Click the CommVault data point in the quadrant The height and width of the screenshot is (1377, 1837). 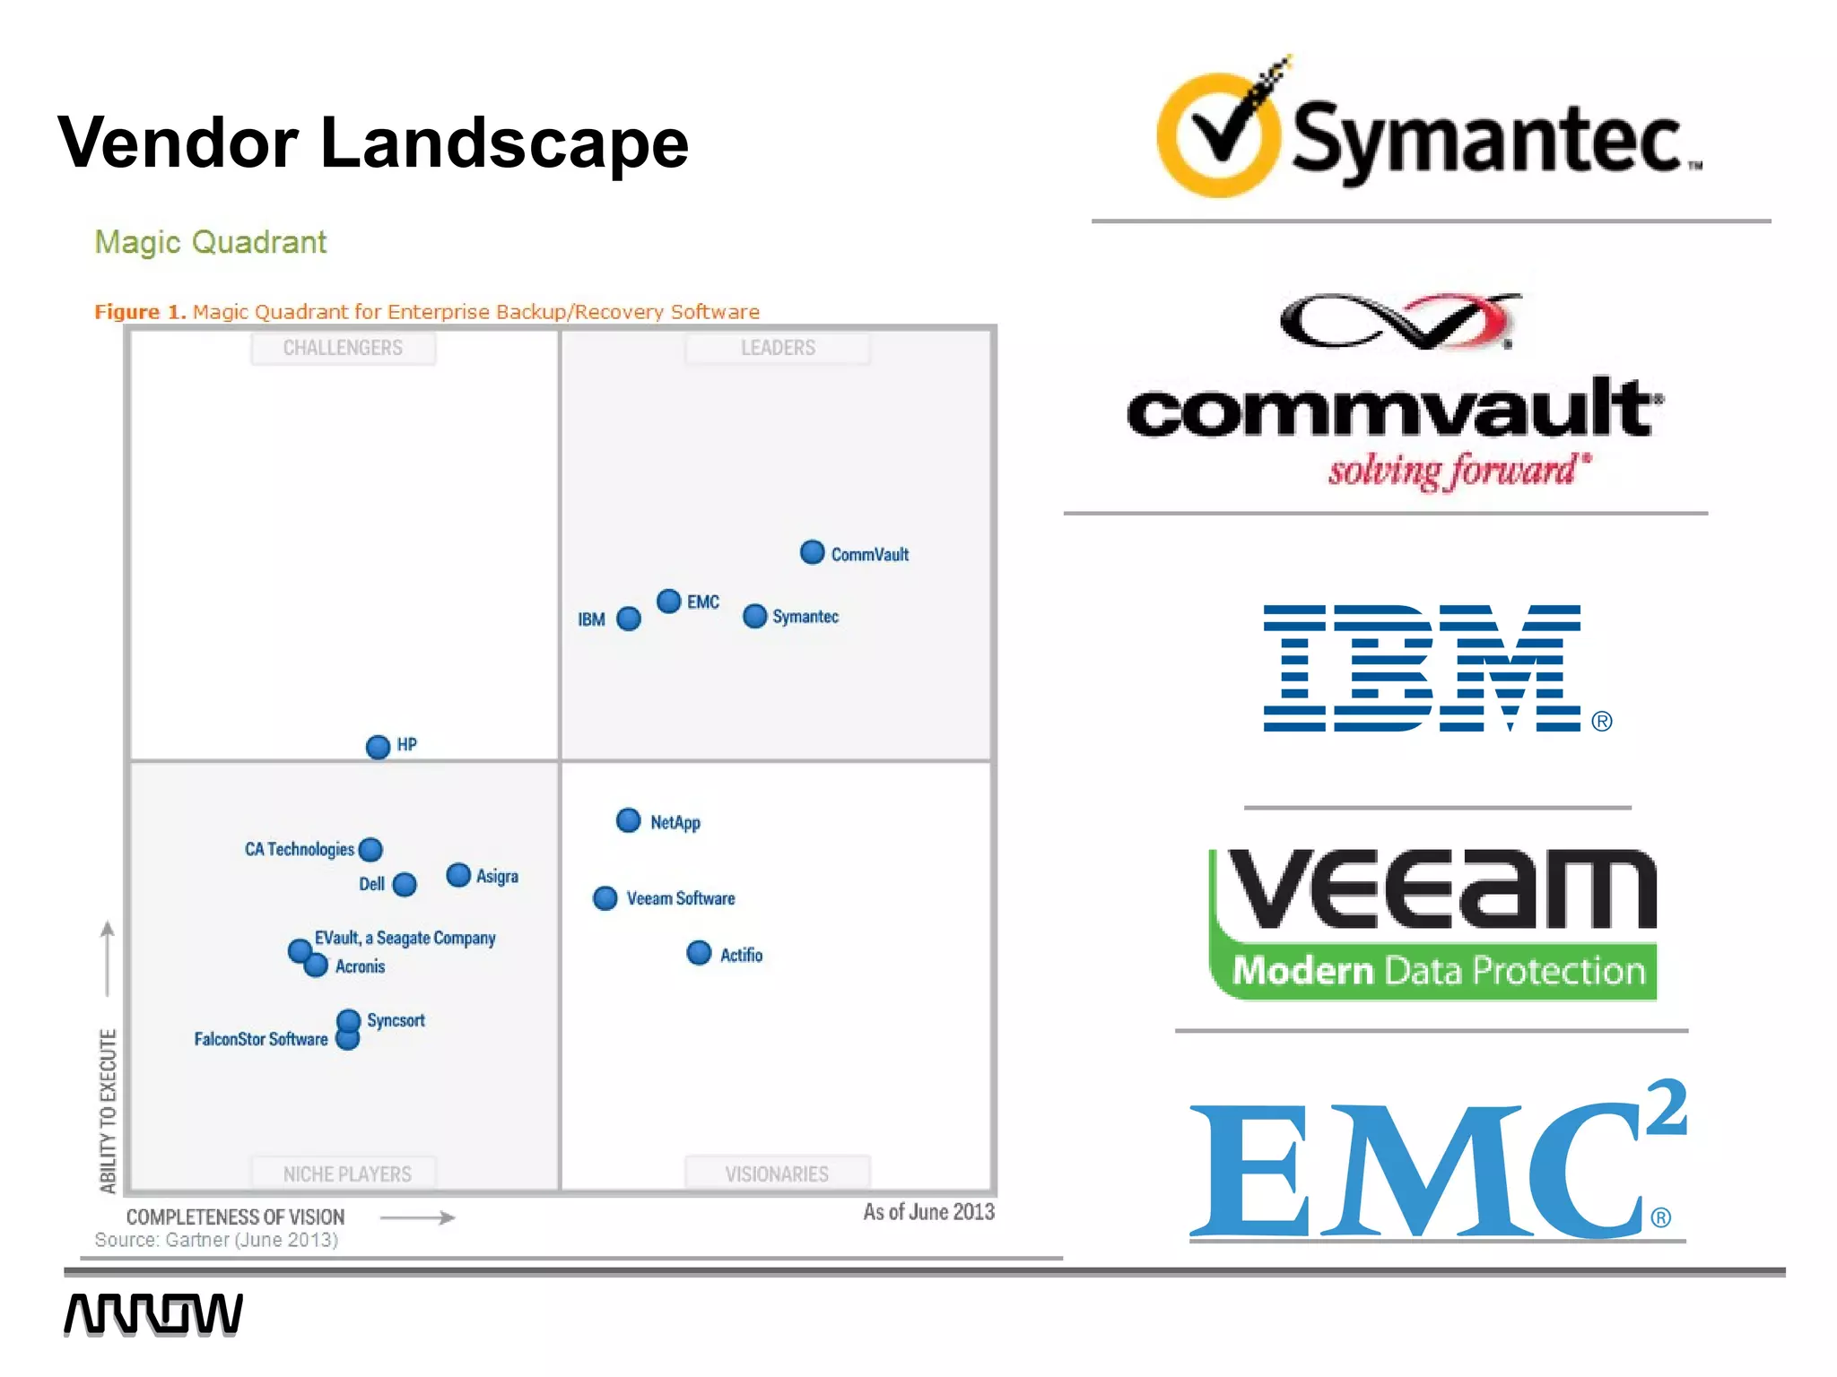tap(812, 552)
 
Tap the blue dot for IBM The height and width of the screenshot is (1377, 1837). tap(629, 619)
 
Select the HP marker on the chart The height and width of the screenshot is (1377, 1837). tap(379, 746)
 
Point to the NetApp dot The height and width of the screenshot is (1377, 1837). tap(629, 820)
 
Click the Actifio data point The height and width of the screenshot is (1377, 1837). tap(699, 953)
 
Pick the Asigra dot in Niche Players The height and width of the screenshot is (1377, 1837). tap(458, 875)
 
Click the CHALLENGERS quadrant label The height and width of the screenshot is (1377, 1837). tap(343, 348)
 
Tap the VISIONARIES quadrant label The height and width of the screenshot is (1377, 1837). tap(777, 1173)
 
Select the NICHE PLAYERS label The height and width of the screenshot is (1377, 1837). tap(346, 1173)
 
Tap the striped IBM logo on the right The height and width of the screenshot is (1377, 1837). tap(1422, 668)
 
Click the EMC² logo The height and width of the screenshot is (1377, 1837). tap(1435, 1165)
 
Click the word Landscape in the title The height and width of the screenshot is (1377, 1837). tap(504, 143)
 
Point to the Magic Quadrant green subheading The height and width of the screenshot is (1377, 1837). tap(211, 242)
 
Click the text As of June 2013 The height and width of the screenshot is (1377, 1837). tap(928, 1212)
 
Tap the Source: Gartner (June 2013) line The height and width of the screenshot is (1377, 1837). tap(216, 1240)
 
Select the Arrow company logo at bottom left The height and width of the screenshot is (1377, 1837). tap(152, 1314)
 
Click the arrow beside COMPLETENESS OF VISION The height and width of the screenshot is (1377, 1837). tap(418, 1217)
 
